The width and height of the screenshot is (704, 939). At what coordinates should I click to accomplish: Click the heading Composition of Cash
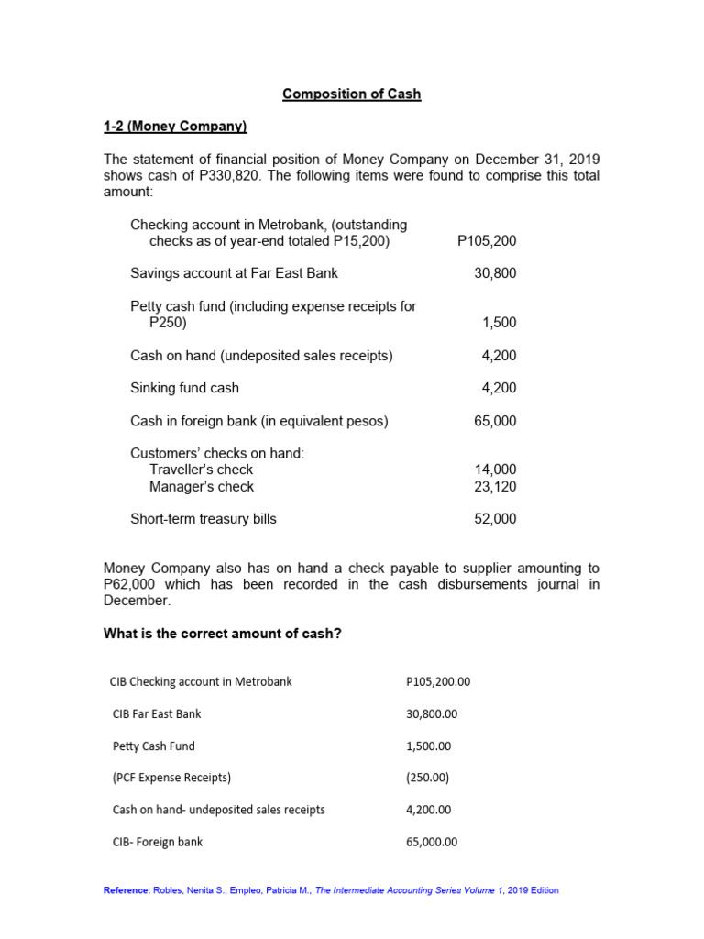(x=351, y=94)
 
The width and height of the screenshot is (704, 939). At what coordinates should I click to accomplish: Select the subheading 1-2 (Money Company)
(x=175, y=127)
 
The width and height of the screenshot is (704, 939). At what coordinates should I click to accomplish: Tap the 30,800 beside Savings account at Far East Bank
(x=495, y=273)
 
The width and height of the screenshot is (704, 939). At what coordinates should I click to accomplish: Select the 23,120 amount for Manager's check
(x=495, y=487)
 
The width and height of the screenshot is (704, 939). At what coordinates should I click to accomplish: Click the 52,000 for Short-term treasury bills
(x=495, y=519)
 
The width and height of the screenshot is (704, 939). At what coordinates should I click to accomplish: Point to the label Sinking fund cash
(x=184, y=388)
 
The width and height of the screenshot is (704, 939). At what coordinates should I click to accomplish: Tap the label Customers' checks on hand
(x=216, y=454)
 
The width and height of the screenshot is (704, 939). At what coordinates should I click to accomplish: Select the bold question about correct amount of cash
(x=223, y=634)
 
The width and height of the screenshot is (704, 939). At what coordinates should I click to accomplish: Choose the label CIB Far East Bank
(x=156, y=713)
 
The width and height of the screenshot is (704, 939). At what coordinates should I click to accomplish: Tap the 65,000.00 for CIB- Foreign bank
(x=431, y=842)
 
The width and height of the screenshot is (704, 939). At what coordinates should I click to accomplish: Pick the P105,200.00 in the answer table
(x=437, y=681)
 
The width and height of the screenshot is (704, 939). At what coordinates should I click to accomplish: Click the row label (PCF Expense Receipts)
(x=171, y=778)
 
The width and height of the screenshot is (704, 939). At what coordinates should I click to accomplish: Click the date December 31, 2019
(x=536, y=160)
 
